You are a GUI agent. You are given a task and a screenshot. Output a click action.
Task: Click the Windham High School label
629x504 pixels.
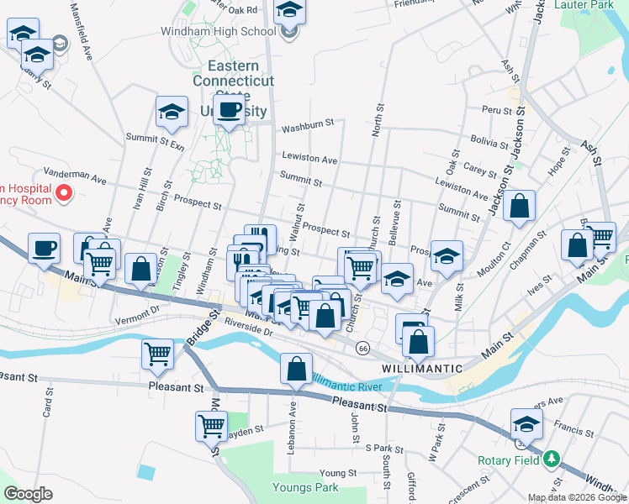click(x=218, y=32)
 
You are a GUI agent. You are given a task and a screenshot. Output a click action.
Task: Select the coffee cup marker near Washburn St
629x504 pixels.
click(x=228, y=110)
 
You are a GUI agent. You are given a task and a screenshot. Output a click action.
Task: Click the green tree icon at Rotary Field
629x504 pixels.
click(x=552, y=459)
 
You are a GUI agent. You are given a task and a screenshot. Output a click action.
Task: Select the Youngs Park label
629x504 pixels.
click(x=305, y=487)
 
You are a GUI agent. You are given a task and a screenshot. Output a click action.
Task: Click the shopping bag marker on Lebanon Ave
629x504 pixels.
click(x=296, y=369)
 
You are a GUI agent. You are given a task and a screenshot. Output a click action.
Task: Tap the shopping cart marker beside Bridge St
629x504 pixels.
click(x=157, y=354)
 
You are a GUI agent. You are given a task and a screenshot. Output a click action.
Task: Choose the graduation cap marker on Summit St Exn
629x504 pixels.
click(x=172, y=112)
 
